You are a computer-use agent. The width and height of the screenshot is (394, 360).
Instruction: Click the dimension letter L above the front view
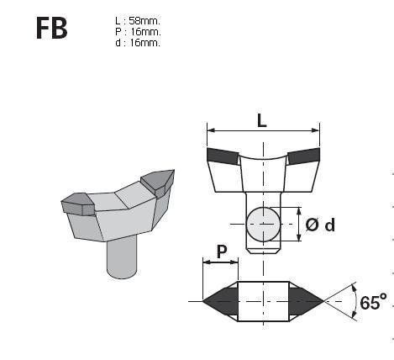(261, 120)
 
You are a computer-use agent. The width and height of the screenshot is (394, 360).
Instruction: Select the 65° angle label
(374, 301)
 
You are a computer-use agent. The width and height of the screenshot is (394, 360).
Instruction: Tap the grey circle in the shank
(264, 225)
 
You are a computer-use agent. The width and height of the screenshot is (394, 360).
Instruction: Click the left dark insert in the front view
(223, 156)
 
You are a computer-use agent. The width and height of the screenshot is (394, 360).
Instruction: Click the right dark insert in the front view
(303, 156)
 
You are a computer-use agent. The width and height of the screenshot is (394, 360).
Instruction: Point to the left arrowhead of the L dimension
(210, 130)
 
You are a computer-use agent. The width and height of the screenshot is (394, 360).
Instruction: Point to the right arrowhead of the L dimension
(317, 130)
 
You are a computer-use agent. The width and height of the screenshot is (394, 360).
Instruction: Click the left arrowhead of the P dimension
(206, 262)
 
